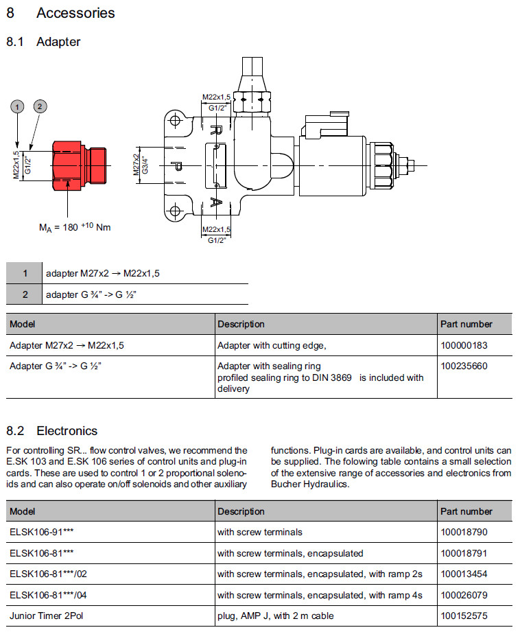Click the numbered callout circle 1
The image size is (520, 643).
(18, 106)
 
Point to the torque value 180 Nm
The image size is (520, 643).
(75, 227)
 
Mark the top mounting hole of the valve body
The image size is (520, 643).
(175, 122)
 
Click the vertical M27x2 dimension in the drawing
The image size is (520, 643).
(137, 165)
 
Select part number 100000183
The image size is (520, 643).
(464, 345)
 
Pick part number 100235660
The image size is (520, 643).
(464, 366)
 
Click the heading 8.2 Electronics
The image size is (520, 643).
(52, 431)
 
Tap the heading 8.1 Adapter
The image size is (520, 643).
(43, 42)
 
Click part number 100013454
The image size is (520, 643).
(464, 574)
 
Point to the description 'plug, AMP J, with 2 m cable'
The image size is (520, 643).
(276, 616)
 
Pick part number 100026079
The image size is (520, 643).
(464, 594)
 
